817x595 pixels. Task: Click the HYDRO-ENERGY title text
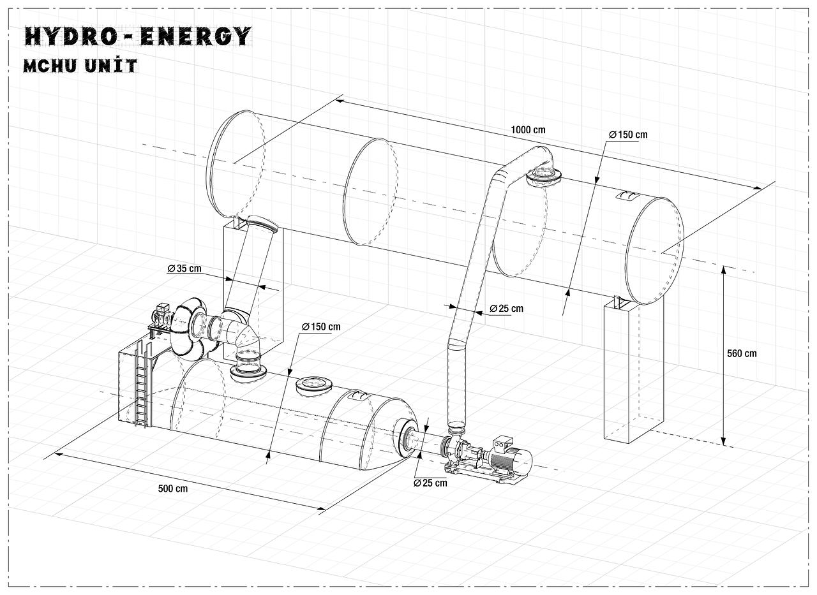coord(137,36)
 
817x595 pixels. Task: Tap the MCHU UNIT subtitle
coord(80,66)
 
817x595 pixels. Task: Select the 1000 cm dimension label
coord(528,129)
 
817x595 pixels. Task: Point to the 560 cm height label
coord(741,353)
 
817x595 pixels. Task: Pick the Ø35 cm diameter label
coord(184,268)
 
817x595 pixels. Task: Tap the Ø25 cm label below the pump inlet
coord(430,483)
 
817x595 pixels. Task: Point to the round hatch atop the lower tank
coord(313,384)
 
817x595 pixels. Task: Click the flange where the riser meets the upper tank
coord(543,175)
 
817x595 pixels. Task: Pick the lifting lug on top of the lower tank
coord(360,396)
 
